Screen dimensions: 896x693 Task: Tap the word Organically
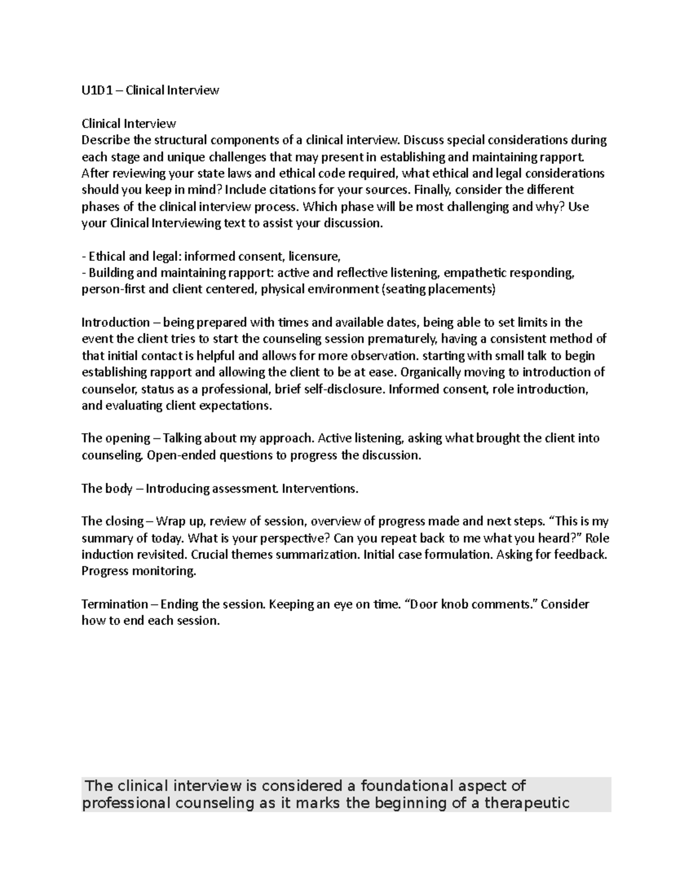tap(431, 372)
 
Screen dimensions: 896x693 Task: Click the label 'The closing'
tap(113, 522)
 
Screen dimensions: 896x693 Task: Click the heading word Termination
tap(114, 605)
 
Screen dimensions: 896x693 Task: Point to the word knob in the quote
tap(455, 605)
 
